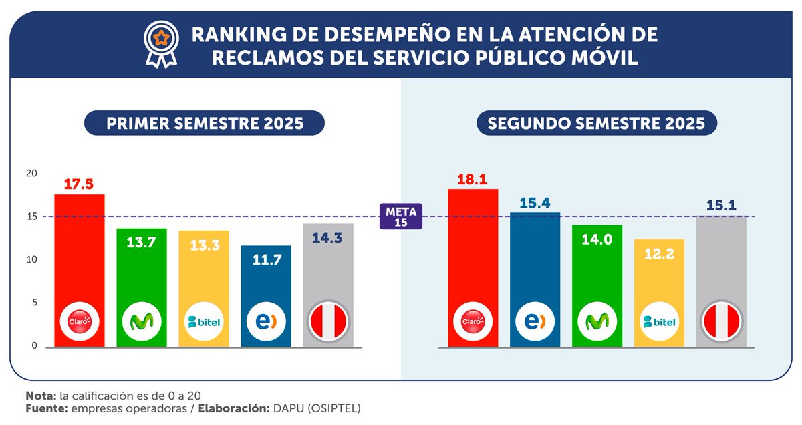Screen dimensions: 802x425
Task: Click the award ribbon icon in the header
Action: pyautogui.click(x=161, y=44)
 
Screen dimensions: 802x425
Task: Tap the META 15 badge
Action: pyautogui.click(x=400, y=217)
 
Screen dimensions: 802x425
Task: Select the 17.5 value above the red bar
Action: pyautogui.click(x=78, y=184)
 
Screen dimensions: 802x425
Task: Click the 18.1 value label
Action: pyautogui.click(x=472, y=179)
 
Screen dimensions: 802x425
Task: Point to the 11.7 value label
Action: pyautogui.click(x=267, y=260)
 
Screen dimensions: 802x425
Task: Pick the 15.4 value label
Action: pyautogui.click(x=535, y=203)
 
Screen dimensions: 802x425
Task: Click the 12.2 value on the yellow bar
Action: pyautogui.click(x=659, y=254)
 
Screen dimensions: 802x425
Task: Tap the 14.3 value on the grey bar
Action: pyautogui.click(x=327, y=238)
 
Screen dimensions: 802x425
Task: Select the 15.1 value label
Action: pyautogui.click(x=721, y=206)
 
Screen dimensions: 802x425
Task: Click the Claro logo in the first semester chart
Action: pyautogui.click(x=80, y=321)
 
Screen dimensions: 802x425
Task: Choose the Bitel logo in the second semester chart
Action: pyautogui.click(x=659, y=321)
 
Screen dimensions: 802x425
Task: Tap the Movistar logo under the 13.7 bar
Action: pyautogui.click(x=142, y=321)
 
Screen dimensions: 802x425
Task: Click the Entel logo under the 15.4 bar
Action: pyautogui.click(x=535, y=321)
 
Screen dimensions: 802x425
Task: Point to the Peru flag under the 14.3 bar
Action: pyautogui.click(x=328, y=321)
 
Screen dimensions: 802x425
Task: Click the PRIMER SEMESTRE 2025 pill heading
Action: pyautogui.click(x=205, y=123)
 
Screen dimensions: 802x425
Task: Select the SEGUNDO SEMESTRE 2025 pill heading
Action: pyautogui.click(x=596, y=123)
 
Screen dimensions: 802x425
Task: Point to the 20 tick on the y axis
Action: pyautogui.click(x=31, y=173)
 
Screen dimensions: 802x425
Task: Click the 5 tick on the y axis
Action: pyautogui.click(x=34, y=303)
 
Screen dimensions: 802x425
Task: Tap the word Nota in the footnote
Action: pyautogui.click(x=41, y=396)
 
